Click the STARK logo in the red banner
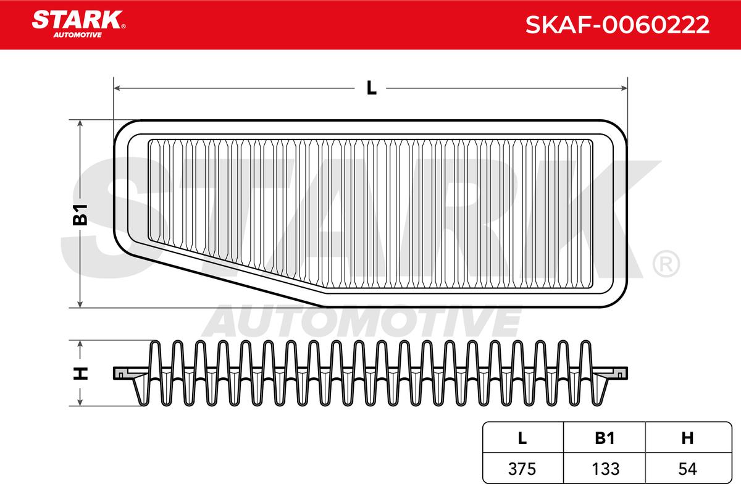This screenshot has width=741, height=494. click(x=78, y=24)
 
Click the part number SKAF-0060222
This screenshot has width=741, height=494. click(x=617, y=25)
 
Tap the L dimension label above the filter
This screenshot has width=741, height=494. click(x=372, y=88)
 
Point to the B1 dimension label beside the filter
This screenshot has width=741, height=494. click(x=80, y=215)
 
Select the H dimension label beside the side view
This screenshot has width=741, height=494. click(x=80, y=373)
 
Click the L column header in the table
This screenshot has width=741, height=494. click(x=522, y=438)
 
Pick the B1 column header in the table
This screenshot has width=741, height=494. click(x=605, y=438)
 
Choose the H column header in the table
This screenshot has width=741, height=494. click(x=687, y=438)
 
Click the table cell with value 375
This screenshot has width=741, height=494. click(x=522, y=469)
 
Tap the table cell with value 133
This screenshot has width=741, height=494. click(x=605, y=469)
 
